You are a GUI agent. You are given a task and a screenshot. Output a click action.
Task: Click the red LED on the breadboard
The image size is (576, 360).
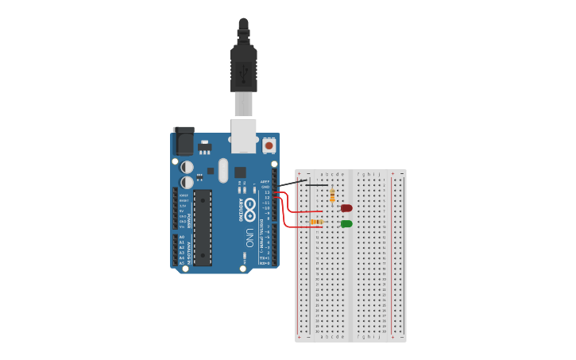click(x=346, y=208)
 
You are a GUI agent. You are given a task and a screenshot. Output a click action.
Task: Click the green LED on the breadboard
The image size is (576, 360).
click(x=346, y=224)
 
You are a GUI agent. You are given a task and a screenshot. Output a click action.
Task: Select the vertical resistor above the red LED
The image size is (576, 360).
click(x=332, y=195)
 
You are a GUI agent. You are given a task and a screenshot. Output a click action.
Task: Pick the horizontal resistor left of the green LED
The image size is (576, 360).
click(x=316, y=222)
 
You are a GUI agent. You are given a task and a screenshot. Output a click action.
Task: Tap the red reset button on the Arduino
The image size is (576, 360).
click(x=269, y=145)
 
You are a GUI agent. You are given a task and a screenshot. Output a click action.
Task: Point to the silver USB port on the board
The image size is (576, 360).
click(x=243, y=135)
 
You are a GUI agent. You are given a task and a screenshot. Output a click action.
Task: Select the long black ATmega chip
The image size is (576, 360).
click(x=203, y=226)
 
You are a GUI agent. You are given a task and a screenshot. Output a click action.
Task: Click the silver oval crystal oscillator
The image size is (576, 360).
click(x=223, y=169)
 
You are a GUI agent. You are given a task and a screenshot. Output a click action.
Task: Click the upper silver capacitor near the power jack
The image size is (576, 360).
click(x=187, y=167)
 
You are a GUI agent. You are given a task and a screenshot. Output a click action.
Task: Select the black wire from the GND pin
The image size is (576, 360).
click(x=292, y=184)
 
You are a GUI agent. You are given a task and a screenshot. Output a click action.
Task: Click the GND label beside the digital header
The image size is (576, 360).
click(x=266, y=187)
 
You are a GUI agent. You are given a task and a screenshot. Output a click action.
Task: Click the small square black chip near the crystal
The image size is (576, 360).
click(x=240, y=172)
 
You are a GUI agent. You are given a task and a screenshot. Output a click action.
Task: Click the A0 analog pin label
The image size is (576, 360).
click(x=182, y=237)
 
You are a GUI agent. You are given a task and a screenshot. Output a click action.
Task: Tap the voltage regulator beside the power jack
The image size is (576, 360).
click(x=205, y=146)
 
